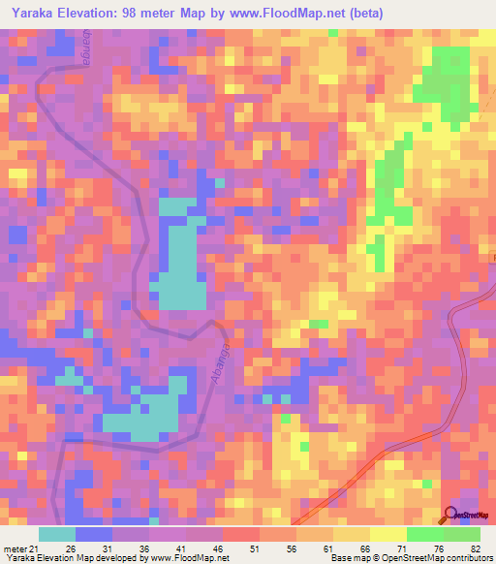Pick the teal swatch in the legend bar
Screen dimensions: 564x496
tap(57, 534)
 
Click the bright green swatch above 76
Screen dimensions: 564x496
tap(425, 534)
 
